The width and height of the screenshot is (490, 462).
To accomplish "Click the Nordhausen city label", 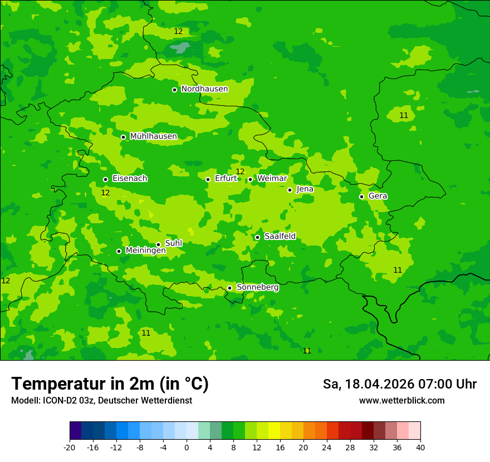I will click(x=204, y=89).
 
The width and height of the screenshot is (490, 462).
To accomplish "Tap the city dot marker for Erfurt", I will click(x=208, y=179).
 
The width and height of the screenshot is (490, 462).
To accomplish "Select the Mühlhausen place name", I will click(x=153, y=136).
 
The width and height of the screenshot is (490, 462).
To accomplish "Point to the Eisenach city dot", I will click(x=105, y=179).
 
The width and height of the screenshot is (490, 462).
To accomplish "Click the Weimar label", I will click(x=272, y=179).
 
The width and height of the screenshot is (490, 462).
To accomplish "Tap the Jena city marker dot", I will click(x=290, y=190).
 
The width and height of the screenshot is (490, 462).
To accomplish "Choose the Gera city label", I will click(x=378, y=196).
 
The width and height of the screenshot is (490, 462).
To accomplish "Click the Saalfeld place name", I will click(x=280, y=237).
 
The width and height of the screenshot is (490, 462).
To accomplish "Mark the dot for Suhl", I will click(x=158, y=244).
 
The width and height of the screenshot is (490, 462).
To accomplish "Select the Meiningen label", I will click(x=145, y=250).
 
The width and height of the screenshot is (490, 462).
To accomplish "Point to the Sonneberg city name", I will click(x=257, y=287).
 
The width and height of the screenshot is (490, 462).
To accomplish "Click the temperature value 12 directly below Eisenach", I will click(x=105, y=193).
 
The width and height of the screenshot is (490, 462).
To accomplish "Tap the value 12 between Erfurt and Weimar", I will click(x=240, y=171).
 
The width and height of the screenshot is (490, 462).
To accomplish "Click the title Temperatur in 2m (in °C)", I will click(x=110, y=384).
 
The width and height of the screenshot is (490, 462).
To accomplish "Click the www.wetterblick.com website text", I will click(x=401, y=401).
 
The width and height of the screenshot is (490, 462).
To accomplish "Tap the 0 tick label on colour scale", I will click(x=187, y=447).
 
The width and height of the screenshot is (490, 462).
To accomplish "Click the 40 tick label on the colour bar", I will click(x=420, y=447).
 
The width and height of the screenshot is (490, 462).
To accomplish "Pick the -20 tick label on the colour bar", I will click(x=70, y=447).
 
